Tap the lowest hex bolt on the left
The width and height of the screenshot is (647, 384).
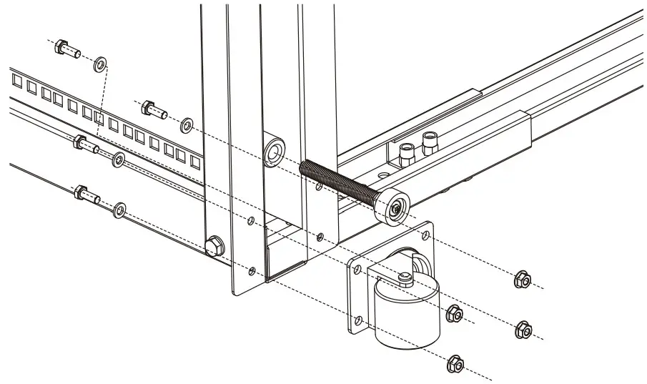[84, 194]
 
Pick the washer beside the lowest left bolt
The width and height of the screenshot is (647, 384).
[119, 209]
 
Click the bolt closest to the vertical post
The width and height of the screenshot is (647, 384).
[153, 109]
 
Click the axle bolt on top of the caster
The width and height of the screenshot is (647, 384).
[405, 277]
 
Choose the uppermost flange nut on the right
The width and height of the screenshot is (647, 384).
[523, 280]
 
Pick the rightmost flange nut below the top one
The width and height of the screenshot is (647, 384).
[523, 330]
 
